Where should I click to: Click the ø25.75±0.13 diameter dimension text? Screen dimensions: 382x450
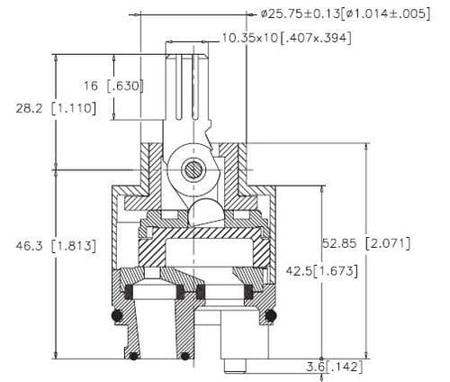tap(342, 14)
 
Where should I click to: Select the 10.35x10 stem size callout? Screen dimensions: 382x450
tap(286, 38)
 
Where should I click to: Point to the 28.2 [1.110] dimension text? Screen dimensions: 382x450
tap(49, 108)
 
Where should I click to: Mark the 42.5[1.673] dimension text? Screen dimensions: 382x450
tap(321, 270)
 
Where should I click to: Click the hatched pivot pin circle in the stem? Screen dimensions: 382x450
tap(192, 168)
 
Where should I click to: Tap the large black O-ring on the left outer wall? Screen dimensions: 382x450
tap(116, 315)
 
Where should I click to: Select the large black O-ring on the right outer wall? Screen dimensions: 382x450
tap(267, 315)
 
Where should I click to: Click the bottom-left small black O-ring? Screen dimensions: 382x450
tap(133, 356)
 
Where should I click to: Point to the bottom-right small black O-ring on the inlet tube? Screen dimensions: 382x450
tap(185, 356)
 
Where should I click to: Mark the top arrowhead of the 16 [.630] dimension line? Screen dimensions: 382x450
tap(114, 57)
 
